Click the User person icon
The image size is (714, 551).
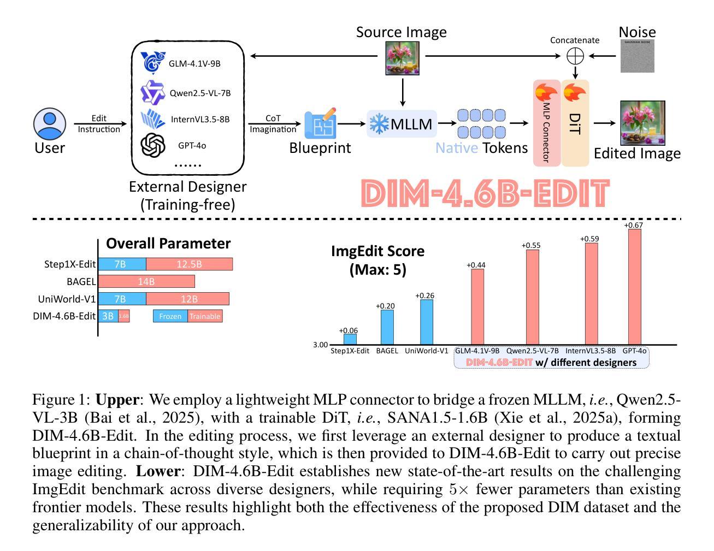[50, 123]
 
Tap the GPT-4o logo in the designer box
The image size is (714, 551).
[153, 145]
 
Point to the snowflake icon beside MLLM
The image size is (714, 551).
[379, 123]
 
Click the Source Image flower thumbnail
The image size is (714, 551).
[403, 58]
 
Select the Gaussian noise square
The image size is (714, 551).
[638, 56]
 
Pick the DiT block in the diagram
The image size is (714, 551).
[575, 123]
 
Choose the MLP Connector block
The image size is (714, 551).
[547, 123]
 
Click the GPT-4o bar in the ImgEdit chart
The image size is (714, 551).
[635, 287]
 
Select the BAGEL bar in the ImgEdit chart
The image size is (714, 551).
[387, 327]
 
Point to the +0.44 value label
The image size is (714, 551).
[476, 265]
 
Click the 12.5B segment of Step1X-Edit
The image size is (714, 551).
[189, 264]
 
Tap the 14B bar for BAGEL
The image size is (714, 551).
[146, 282]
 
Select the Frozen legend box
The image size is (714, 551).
[170, 316]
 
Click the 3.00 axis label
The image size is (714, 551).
[320, 345]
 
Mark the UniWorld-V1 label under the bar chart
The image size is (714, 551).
[426, 351]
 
